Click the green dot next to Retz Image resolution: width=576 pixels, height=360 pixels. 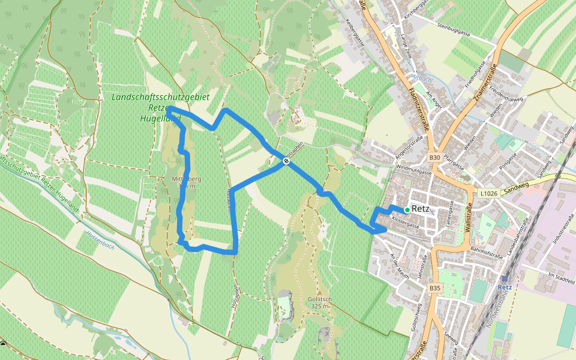[407, 209]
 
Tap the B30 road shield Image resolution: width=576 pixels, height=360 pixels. [435, 158]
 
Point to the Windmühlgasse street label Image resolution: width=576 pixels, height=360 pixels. [413, 172]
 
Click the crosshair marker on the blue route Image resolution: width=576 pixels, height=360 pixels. [286, 160]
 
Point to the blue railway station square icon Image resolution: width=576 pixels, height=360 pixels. [505, 278]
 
